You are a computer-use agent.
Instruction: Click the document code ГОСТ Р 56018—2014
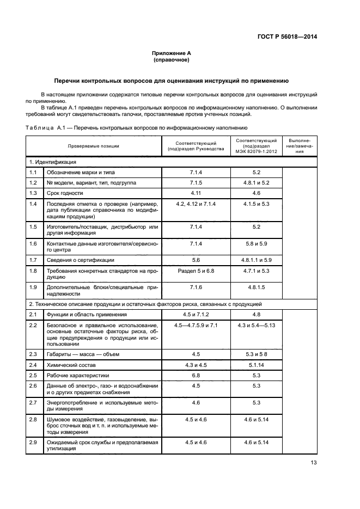[x=286, y=37]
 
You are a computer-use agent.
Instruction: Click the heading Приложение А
[x=171, y=53]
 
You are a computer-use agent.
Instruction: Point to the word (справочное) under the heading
[x=171, y=60]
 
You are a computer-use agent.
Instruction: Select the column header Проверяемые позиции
[x=93, y=146]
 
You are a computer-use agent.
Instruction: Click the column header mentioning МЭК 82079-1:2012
[x=257, y=146]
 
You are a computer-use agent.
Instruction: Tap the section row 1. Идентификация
[x=52, y=162]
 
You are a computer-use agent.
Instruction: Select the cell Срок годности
[x=65, y=193]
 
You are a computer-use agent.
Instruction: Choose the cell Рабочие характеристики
[x=78, y=375]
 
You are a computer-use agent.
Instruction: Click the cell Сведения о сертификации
[x=81, y=260]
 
